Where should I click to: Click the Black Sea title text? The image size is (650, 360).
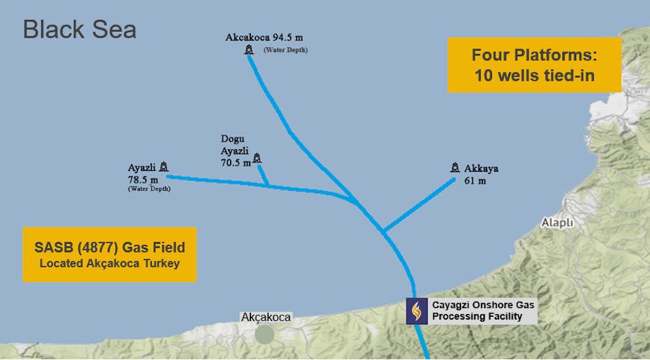pyautogui.click(x=79, y=29)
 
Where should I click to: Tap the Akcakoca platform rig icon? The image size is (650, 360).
pyautogui.click(x=249, y=49)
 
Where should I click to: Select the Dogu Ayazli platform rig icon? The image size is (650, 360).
pyautogui.click(x=257, y=158)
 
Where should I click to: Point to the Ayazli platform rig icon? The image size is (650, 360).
pyautogui.click(x=164, y=166)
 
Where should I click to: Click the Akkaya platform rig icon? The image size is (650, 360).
pyautogui.click(x=455, y=167)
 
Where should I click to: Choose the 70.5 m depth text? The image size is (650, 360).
pyautogui.click(x=235, y=163)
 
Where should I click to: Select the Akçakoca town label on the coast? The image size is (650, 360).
pyautogui.click(x=265, y=318)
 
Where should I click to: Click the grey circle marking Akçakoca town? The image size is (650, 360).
pyautogui.click(x=265, y=334)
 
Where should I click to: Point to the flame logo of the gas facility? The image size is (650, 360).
pyautogui.click(x=417, y=311)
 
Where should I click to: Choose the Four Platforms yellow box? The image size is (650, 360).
pyautogui.click(x=534, y=65)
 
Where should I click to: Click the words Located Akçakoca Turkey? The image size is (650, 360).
pyautogui.click(x=109, y=264)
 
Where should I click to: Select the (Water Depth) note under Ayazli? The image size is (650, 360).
pyautogui.click(x=149, y=188)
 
